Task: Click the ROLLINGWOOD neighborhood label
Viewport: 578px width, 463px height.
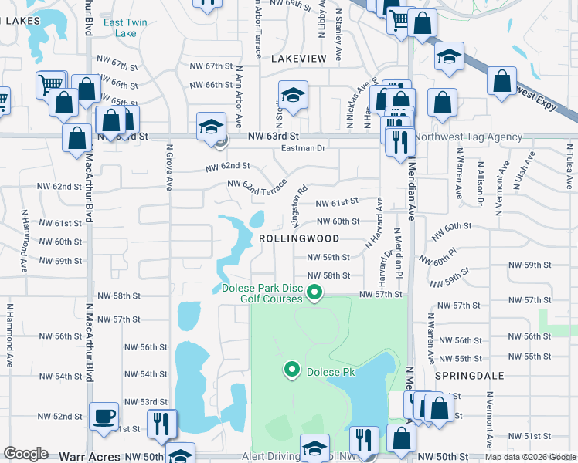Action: pos(298,239)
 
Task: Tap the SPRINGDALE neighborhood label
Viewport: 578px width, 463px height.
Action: pos(468,376)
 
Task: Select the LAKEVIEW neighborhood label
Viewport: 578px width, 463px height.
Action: pos(305,58)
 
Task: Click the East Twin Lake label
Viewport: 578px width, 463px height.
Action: pos(121,28)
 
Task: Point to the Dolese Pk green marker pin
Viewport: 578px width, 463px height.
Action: pos(292,371)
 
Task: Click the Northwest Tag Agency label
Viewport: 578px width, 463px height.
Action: pos(468,137)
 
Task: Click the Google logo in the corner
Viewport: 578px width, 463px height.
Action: pos(25,455)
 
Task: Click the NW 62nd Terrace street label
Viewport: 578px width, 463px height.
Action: pos(257,186)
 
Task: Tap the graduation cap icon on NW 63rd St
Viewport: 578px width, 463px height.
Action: pos(210,127)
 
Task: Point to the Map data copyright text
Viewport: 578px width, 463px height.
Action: pos(531,457)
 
